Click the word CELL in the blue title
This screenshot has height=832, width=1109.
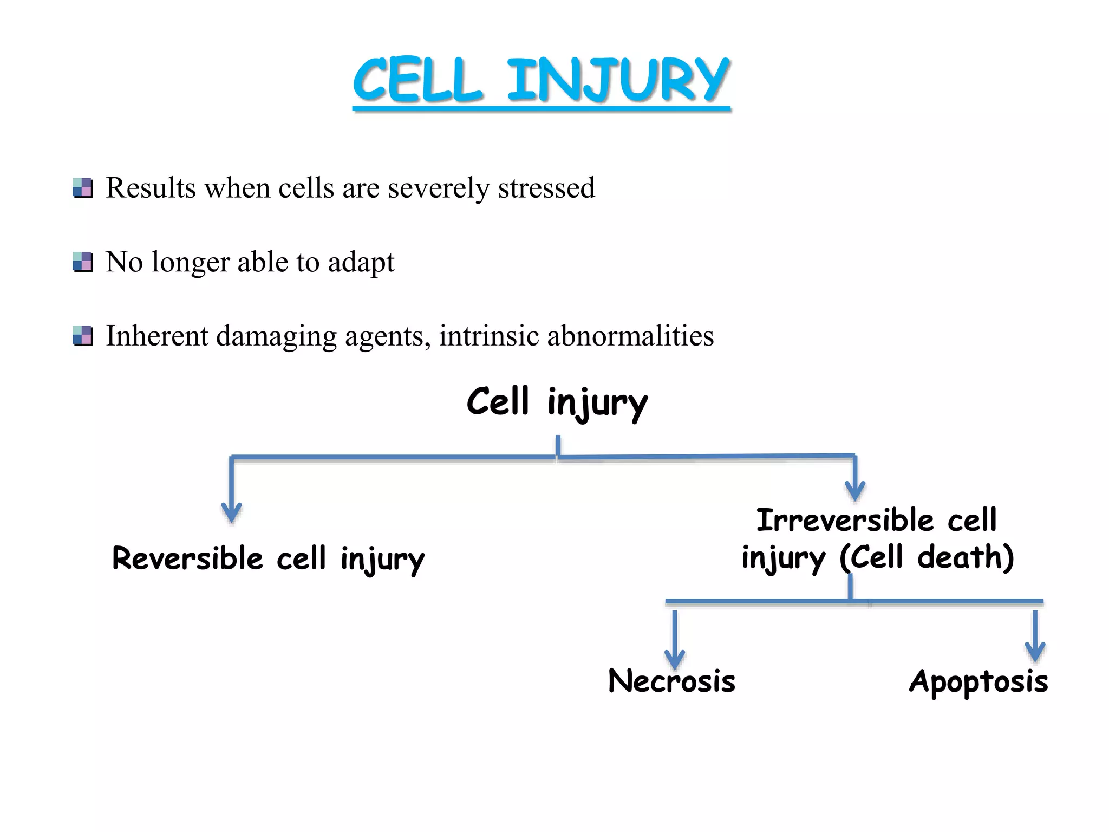(x=417, y=80)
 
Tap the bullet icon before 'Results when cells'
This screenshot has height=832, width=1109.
(x=83, y=187)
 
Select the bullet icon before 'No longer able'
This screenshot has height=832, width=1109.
(x=83, y=262)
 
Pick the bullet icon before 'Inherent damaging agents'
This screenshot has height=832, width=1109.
(x=83, y=336)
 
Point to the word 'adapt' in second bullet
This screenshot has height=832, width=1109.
(x=361, y=263)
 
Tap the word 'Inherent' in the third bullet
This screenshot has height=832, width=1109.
(x=157, y=336)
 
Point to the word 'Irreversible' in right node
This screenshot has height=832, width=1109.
(x=845, y=520)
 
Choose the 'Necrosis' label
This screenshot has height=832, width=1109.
(x=671, y=681)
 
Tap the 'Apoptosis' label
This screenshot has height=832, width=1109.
(x=978, y=681)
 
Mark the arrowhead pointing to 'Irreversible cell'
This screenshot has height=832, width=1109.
(x=855, y=490)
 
